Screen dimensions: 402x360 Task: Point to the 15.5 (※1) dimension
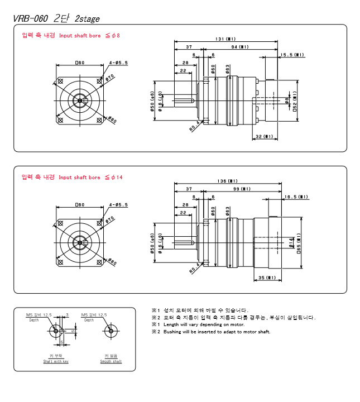(292, 55)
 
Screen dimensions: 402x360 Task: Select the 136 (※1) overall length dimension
(227, 181)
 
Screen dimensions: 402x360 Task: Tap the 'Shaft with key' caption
(56, 362)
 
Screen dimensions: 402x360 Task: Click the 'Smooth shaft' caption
(111, 362)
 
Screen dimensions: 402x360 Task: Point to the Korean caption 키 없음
(111, 356)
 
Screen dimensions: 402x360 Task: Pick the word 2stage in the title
(87, 18)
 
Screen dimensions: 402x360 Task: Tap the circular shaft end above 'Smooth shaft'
(111, 331)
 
